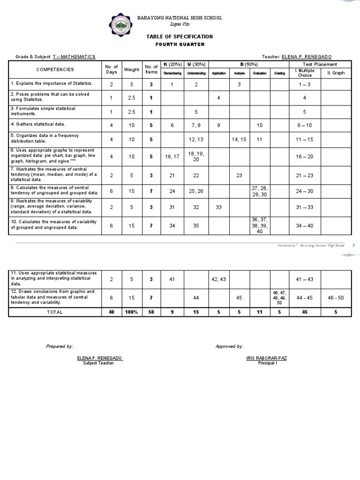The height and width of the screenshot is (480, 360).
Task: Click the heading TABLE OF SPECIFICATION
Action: tap(180, 37)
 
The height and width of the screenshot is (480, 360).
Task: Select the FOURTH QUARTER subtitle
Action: tap(180, 45)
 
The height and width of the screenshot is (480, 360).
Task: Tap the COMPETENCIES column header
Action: tap(55, 69)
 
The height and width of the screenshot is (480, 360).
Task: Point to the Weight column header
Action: tap(132, 69)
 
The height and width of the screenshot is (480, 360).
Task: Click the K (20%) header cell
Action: tap(172, 64)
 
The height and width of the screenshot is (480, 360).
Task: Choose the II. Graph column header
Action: tap(336, 73)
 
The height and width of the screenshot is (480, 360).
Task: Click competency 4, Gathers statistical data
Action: tap(38, 124)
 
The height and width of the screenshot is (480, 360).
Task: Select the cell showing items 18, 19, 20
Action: tap(196, 157)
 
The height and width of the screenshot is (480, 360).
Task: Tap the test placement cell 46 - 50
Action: tap(336, 298)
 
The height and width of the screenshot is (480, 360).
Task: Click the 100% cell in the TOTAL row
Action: tap(132, 312)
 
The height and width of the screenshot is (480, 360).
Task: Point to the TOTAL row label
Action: tap(55, 312)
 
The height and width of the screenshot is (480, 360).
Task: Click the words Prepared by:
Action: tap(60, 346)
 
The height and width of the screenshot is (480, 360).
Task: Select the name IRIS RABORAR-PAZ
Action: tap(267, 358)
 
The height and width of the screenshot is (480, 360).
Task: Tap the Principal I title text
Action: tap(267, 363)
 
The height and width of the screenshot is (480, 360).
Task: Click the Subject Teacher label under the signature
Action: tap(98, 363)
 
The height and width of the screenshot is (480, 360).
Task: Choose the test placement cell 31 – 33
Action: tap(305, 208)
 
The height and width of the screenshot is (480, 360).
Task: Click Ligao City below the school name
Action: tap(180, 24)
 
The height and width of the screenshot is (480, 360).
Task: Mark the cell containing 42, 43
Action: tap(219, 279)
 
